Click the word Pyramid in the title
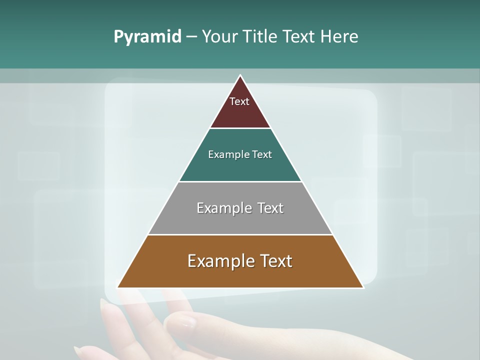[147, 37]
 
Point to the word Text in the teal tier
[262, 154]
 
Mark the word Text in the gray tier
[270, 208]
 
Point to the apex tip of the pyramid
[240, 75]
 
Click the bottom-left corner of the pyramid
[117, 287]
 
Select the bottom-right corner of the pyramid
[363, 287]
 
